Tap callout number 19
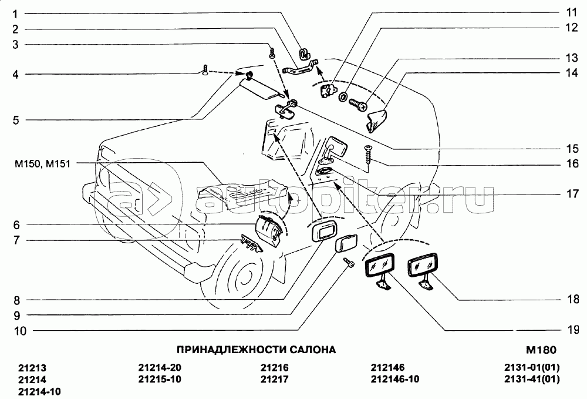(x=572, y=330)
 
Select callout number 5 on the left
(x=15, y=120)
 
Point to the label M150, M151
(x=42, y=164)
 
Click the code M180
(x=541, y=350)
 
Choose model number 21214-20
(x=160, y=367)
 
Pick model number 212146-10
(x=395, y=379)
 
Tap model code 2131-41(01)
(x=532, y=379)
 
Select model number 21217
(x=274, y=379)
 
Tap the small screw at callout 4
(x=205, y=70)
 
